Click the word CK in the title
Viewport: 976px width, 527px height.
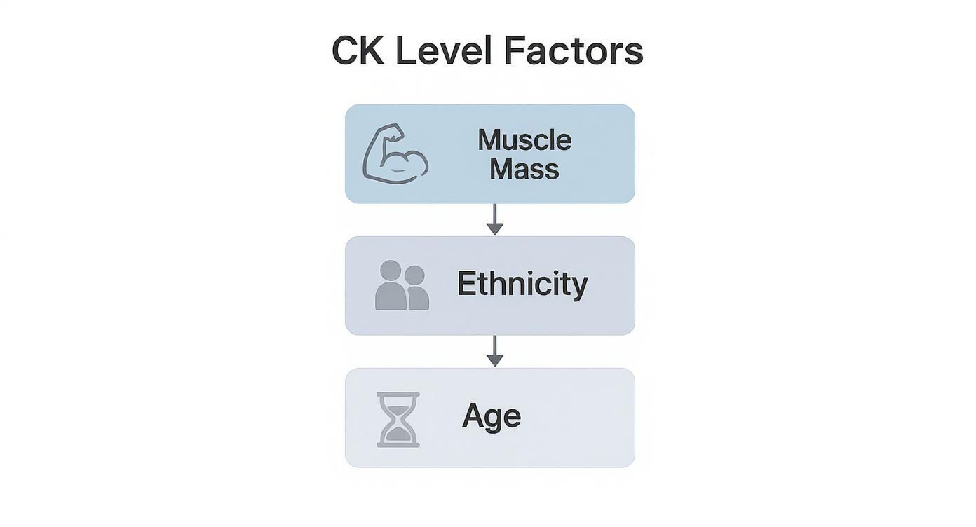358,51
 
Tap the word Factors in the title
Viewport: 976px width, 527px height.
573,51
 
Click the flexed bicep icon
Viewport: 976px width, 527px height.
395,154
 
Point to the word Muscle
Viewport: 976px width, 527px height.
524,140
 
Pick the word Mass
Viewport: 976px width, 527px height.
524,169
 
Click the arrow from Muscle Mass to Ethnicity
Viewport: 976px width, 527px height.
495,220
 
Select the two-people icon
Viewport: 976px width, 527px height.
402,285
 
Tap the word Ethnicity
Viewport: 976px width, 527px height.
522,284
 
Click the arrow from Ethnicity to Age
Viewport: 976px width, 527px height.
495,351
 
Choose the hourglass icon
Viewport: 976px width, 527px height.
398,419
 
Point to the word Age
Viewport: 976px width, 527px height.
492,416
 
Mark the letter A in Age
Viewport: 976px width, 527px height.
474,416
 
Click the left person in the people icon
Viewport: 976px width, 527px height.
391,286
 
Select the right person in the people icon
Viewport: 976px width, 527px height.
416,288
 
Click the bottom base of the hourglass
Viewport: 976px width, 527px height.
398,444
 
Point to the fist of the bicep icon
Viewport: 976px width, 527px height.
393,132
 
